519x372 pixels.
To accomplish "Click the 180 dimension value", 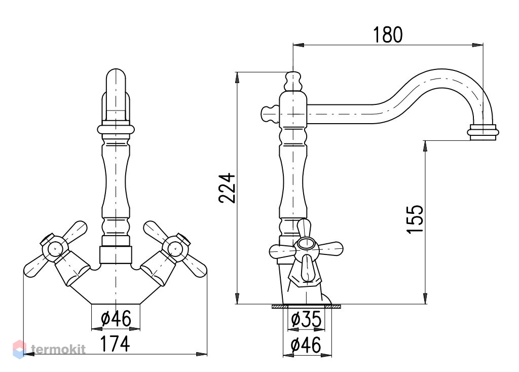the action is (x=388, y=35).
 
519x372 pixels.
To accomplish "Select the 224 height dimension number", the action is (x=227, y=188).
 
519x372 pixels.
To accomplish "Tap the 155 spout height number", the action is (x=415, y=219).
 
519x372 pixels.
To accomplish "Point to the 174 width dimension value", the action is (x=115, y=344).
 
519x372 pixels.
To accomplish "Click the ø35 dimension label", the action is (x=306, y=320).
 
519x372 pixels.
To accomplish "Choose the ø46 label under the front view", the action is (x=116, y=318).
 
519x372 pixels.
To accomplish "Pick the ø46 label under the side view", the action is (x=306, y=345).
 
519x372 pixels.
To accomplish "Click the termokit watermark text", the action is (x=58, y=349).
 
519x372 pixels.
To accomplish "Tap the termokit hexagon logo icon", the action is (x=20, y=350).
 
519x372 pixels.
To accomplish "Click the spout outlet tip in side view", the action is (x=483, y=132).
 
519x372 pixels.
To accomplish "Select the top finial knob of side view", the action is (x=293, y=82).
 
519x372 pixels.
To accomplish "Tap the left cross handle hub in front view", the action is (x=55, y=248).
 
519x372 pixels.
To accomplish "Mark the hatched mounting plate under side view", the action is (x=306, y=307).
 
